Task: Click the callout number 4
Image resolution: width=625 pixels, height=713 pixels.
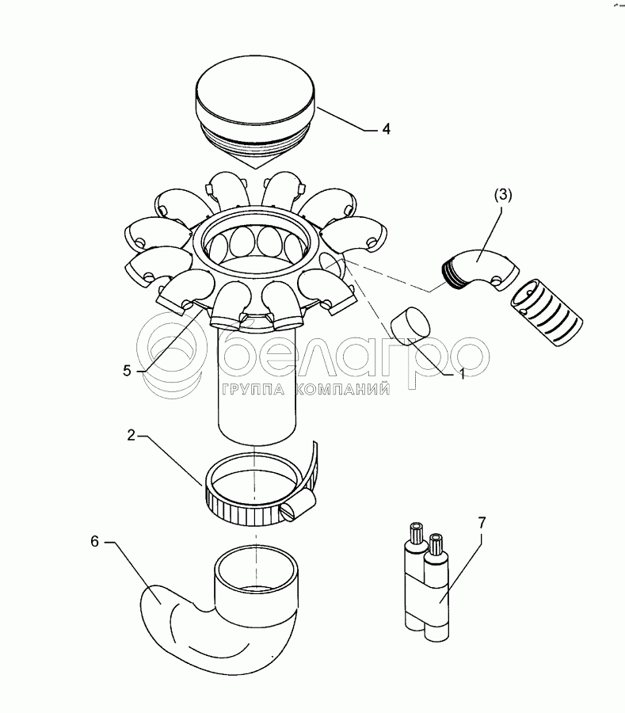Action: coord(386,129)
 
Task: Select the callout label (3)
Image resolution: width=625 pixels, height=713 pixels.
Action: coord(503,195)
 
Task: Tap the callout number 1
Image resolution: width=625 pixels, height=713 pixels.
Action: coord(463,374)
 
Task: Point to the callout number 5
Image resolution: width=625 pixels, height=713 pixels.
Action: coord(127,371)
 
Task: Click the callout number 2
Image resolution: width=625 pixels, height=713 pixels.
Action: coord(131,435)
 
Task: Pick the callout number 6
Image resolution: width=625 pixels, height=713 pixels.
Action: coord(94,542)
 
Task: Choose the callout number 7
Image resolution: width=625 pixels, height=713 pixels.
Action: coord(482,523)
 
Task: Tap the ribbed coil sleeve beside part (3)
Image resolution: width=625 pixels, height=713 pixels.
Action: coord(547,313)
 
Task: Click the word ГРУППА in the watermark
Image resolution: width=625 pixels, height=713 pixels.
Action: coord(253,390)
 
